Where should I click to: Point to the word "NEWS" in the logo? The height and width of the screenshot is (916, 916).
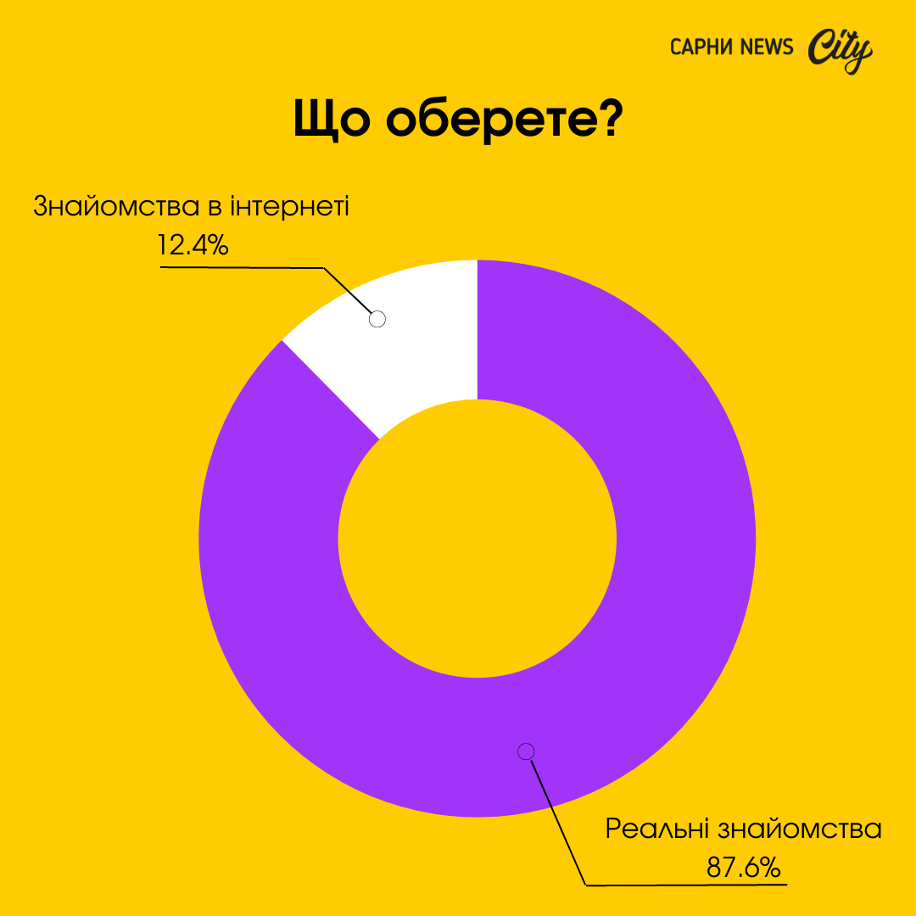click(x=768, y=47)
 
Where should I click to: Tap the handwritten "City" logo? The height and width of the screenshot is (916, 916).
click(x=839, y=51)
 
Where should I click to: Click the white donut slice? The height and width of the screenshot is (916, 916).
click(x=407, y=339)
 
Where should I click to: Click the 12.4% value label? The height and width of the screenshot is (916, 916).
click(x=193, y=245)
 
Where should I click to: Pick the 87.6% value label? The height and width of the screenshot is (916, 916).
click(x=743, y=868)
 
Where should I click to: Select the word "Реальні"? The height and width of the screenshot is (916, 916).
click(x=657, y=829)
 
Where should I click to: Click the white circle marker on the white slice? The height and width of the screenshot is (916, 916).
click(x=378, y=319)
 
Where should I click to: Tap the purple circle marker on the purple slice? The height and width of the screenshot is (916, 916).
click(x=526, y=751)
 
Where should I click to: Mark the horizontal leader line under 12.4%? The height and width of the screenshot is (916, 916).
click(x=242, y=267)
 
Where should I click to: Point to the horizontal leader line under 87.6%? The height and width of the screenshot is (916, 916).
click(x=687, y=885)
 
